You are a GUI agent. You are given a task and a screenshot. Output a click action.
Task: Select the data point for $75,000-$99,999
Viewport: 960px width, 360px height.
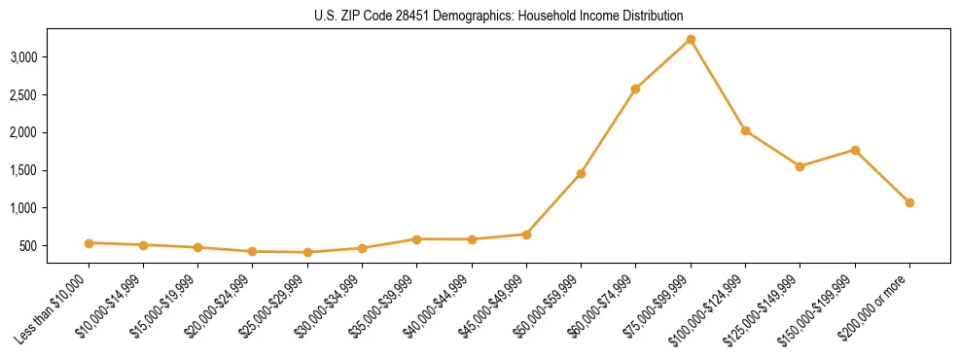pyautogui.click(x=691, y=40)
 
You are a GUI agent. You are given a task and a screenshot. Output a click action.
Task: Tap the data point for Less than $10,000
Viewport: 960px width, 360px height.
pyautogui.click(x=89, y=243)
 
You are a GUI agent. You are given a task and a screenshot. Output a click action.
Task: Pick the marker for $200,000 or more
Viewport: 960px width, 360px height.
pyautogui.click(x=909, y=202)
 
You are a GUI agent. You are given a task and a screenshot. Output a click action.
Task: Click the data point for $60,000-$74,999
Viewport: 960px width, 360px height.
pyautogui.click(x=635, y=89)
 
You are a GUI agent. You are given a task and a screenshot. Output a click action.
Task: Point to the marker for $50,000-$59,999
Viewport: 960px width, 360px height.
pyautogui.click(x=581, y=173)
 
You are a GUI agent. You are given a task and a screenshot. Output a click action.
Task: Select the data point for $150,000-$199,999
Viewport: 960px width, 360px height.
pyautogui.click(x=855, y=150)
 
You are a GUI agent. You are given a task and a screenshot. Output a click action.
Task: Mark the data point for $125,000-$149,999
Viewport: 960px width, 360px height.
pyautogui.click(x=800, y=166)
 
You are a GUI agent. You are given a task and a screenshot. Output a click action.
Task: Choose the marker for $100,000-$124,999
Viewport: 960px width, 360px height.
pyautogui.click(x=745, y=130)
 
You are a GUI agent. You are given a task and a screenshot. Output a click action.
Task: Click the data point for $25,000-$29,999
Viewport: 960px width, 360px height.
pyautogui.click(x=307, y=252)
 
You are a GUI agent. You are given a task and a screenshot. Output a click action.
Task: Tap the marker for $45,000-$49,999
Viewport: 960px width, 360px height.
pyautogui.click(x=526, y=234)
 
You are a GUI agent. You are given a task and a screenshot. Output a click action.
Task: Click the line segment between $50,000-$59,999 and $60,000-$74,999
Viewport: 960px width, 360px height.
pyautogui.click(x=608, y=131)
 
